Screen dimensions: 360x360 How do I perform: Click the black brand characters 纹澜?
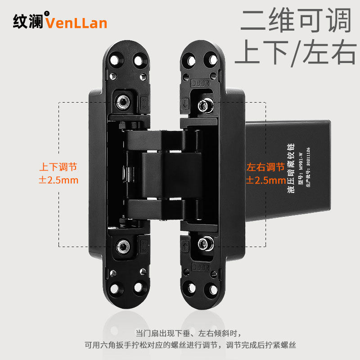28,22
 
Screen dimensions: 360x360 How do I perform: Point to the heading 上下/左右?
295,53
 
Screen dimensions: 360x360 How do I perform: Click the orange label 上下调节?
58,167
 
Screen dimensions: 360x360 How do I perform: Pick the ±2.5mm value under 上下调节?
58,180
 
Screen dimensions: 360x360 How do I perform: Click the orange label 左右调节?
265,167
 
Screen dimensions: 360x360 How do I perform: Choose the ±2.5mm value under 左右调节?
265,180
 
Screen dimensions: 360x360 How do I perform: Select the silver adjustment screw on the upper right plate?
205,105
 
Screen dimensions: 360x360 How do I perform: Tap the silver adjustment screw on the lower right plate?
205,244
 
